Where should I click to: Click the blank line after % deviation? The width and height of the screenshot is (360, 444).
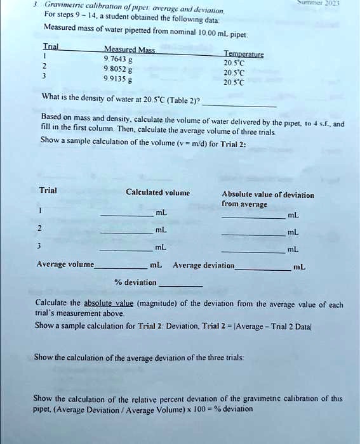point(180,287)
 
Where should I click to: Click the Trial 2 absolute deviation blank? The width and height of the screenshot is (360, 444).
point(253,233)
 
